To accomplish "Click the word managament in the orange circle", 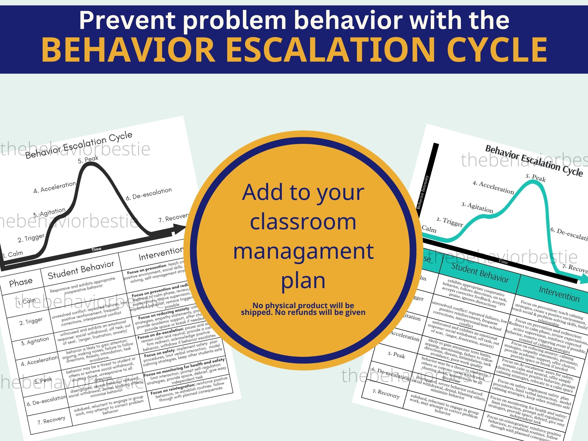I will tap(303, 251).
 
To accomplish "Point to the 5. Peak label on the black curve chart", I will tap(88, 159).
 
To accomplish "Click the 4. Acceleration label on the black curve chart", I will tap(55, 187).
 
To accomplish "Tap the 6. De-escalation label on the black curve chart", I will tap(149, 194).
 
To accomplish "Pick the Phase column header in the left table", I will tap(21, 282).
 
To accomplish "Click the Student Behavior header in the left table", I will tap(81, 270).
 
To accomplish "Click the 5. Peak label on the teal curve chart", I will tap(535, 177).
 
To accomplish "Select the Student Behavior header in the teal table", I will tap(480, 273).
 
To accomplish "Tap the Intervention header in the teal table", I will tap(559, 294).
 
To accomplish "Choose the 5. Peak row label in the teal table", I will tap(396, 355).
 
